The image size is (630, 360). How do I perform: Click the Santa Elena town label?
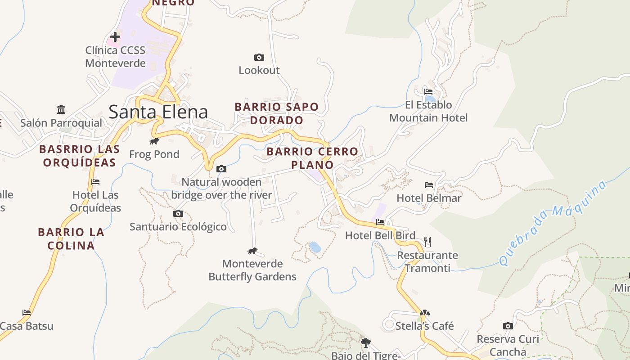tap(158, 112)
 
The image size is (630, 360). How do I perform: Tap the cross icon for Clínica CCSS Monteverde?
tap(115, 37)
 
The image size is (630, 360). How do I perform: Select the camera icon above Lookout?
tap(259, 57)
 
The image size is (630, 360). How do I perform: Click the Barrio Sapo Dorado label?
tap(277, 113)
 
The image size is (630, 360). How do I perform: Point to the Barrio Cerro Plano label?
tap(312, 158)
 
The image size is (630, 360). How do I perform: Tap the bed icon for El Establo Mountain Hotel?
tap(428, 92)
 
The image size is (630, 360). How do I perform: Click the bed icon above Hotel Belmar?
tap(429, 185)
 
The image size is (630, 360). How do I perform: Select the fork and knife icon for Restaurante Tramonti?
tap(427, 242)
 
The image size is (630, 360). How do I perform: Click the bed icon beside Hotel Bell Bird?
tap(380, 222)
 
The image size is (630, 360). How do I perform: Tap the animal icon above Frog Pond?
tap(154, 141)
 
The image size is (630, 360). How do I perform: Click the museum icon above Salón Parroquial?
tap(61, 109)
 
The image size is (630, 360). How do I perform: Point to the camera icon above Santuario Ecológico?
tap(178, 213)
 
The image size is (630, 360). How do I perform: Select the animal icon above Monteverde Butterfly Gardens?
tap(252, 251)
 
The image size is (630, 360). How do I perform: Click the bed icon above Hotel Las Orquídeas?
tap(95, 182)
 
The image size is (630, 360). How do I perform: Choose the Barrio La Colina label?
tap(71, 239)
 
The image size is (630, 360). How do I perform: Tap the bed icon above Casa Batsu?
tap(27, 312)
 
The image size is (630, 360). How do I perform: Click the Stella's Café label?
tap(424, 326)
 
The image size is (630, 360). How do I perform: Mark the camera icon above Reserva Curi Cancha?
tap(508, 326)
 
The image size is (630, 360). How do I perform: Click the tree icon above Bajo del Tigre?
tap(366, 343)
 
